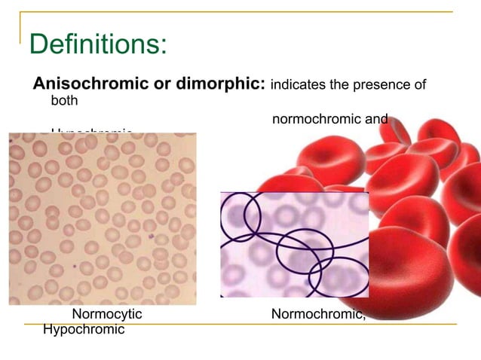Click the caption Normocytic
click(x=106, y=314)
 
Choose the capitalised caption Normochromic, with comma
click(x=318, y=314)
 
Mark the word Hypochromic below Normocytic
click(x=84, y=329)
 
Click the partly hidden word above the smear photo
click(x=91, y=132)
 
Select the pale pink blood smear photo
click(x=102, y=218)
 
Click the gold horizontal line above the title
click(x=241, y=11)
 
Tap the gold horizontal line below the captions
click(x=249, y=324)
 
